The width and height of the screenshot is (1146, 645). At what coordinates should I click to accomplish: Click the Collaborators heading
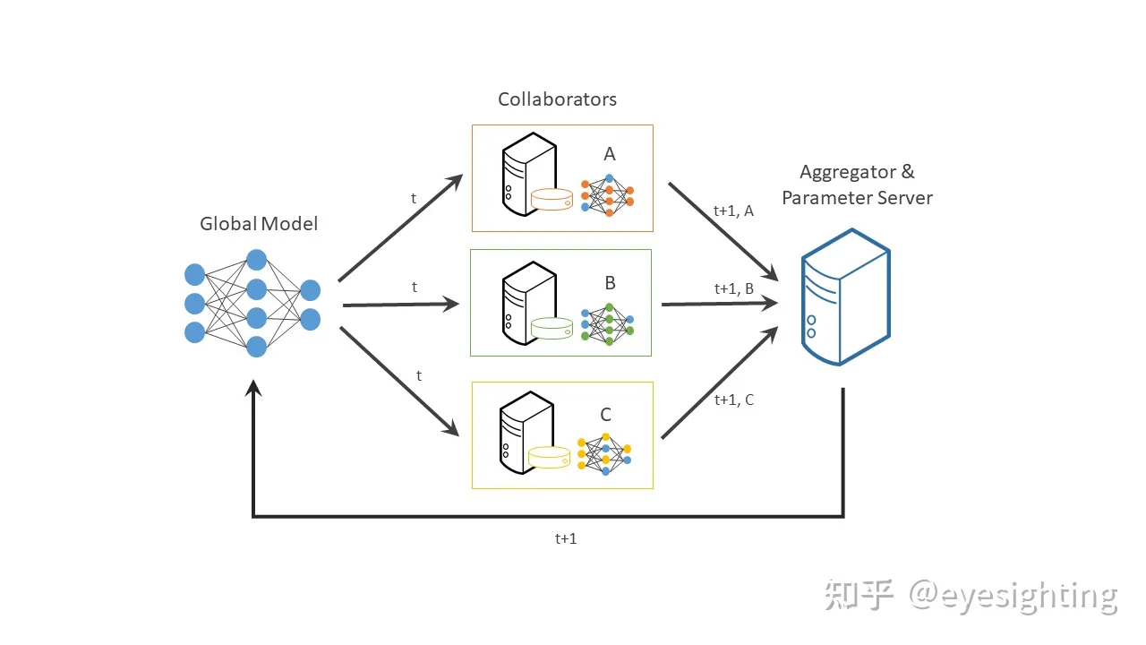(x=557, y=99)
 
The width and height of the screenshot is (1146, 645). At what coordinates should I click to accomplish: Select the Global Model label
(x=259, y=224)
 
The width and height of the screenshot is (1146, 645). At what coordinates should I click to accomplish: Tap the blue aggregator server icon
(x=844, y=297)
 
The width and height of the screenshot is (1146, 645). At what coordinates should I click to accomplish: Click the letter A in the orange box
(x=610, y=154)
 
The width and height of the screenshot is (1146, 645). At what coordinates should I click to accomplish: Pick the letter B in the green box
(x=610, y=284)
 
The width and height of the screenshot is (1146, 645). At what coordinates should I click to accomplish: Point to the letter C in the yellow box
(x=605, y=415)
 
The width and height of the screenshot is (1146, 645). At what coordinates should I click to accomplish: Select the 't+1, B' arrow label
(x=733, y=288)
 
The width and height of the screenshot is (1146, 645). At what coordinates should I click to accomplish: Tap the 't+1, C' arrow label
(x=733, y=400)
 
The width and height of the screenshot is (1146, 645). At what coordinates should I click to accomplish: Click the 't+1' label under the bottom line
(x=566, y=538)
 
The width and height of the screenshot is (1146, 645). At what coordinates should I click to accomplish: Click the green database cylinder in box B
(x=552, y=328)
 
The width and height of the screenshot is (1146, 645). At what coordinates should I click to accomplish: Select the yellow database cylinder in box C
(x=550, y=457)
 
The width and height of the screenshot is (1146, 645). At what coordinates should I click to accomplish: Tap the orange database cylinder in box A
(x=552, y=199)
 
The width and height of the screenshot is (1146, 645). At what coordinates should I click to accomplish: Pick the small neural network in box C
(x=605, y=453)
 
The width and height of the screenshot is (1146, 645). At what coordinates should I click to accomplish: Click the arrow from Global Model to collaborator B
(x=400, y=305)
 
